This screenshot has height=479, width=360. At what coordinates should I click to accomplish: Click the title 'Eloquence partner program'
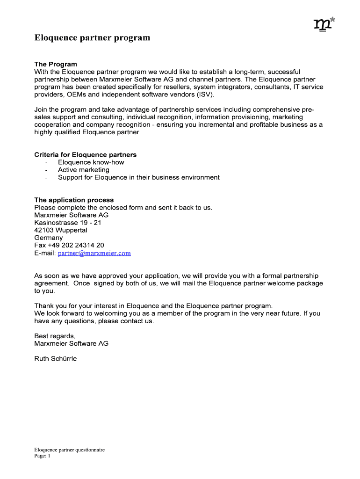click(x=92, y=38)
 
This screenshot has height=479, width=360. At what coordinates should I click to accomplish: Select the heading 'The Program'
click(x=56, y=64)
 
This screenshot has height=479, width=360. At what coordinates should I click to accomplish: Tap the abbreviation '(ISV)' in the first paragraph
click(x=205, y=94)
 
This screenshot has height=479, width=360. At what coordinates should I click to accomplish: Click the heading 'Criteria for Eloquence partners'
click(x=86, y=155)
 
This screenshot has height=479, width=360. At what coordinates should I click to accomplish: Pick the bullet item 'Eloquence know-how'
click(x=91, y=162)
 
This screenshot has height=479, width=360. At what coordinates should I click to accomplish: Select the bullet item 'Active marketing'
click(x=84, y=170)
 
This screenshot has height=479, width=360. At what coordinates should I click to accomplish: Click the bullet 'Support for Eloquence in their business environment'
click(x=138, y=177)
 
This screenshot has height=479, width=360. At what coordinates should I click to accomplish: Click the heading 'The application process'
click(x=74, y=200)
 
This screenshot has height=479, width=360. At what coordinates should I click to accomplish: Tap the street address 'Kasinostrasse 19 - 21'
click(x=68, y=223)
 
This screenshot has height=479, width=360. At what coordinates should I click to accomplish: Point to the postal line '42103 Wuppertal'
click(x=61, y=230)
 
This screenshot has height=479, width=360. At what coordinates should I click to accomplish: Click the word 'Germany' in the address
click(x=49, y=238)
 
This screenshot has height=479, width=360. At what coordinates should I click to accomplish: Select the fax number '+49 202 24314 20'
click(x=76, y=245)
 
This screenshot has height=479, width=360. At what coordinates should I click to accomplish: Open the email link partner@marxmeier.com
click(x=94, y=253)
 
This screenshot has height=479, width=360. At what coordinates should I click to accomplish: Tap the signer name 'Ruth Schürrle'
click(x=56, y=359)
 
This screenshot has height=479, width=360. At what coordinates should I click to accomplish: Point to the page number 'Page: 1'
click(x=42, y=456)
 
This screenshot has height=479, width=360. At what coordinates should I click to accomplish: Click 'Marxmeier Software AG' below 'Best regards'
click(x=72, y=343)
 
